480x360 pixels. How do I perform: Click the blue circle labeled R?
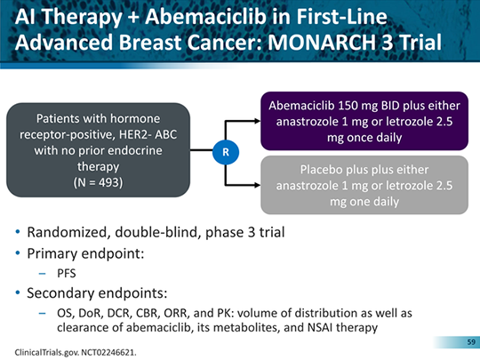coord(227,152)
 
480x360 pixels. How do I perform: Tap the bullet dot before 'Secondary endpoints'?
coord(20,293)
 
